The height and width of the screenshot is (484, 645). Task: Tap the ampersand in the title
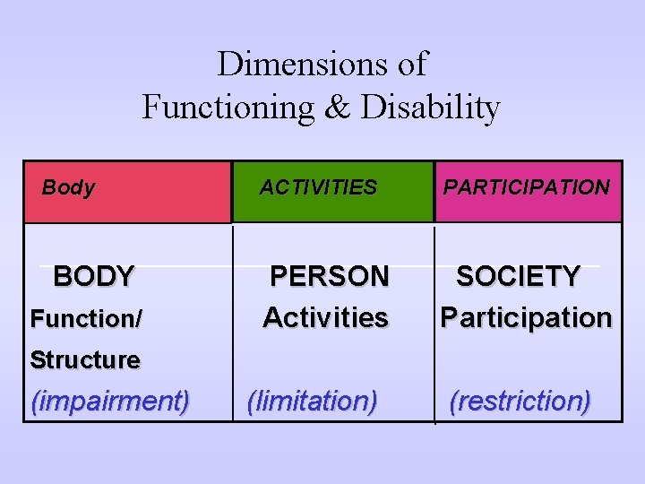pos(337,108)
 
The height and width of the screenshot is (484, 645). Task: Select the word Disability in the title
pos(430,108)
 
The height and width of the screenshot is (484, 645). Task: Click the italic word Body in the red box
pos(68,187)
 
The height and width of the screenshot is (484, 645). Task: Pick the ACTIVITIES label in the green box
pos(318,187)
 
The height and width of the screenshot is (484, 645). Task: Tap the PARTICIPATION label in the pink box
pos(527,187)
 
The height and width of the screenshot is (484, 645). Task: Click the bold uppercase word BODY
pos(94,276)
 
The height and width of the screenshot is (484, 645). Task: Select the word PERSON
pos(330,276)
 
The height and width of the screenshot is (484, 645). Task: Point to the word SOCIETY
pos(519,276)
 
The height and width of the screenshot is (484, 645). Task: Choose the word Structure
pos(85,360)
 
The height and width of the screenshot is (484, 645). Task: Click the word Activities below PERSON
pos(325,317)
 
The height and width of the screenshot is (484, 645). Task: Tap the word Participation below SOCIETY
pos(526,317)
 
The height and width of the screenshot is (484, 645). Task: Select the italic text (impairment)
pos(110,401)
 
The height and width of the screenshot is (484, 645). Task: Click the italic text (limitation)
pos(312,401)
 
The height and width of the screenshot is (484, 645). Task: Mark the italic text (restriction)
pos(520,401)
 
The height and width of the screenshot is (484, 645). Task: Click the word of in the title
pos(411,65)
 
